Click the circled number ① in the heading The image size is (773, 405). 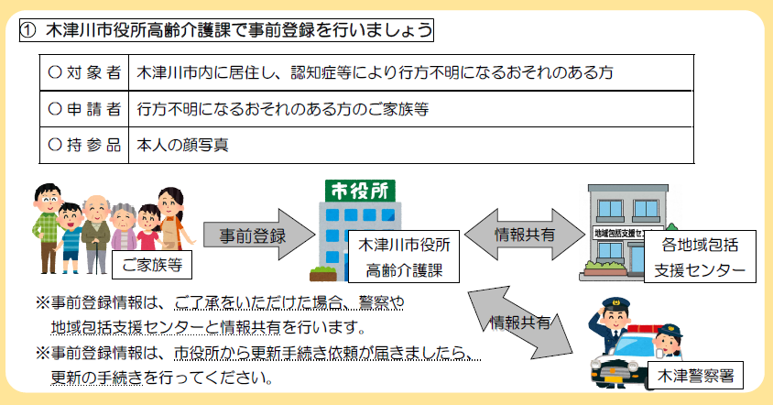(28, 29)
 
